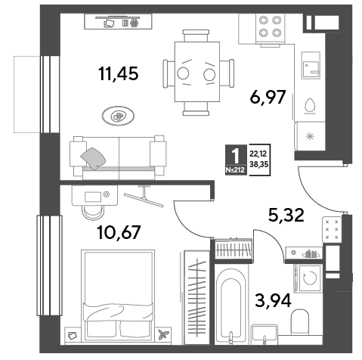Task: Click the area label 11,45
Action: pos(119,73)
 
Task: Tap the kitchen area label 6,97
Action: pos(268,97)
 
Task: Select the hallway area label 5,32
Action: pos(286,216)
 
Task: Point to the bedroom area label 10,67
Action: pos(119,232)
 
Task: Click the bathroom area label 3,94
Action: pos(273,300)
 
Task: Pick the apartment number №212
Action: pos(235,170)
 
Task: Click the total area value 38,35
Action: pos(258,164)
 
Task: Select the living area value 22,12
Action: pos(258,154)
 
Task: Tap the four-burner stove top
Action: pos(270,29)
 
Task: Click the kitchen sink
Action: pos(311,66)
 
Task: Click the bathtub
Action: pos(231,304)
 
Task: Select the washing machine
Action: pos(308,278)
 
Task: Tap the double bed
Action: pos(118,295)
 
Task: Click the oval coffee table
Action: pos(118,116)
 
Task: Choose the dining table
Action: pos(197,72)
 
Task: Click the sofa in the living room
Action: pos(118,157)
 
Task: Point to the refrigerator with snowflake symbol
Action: pos(310,136)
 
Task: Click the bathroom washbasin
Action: pos(265,334)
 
